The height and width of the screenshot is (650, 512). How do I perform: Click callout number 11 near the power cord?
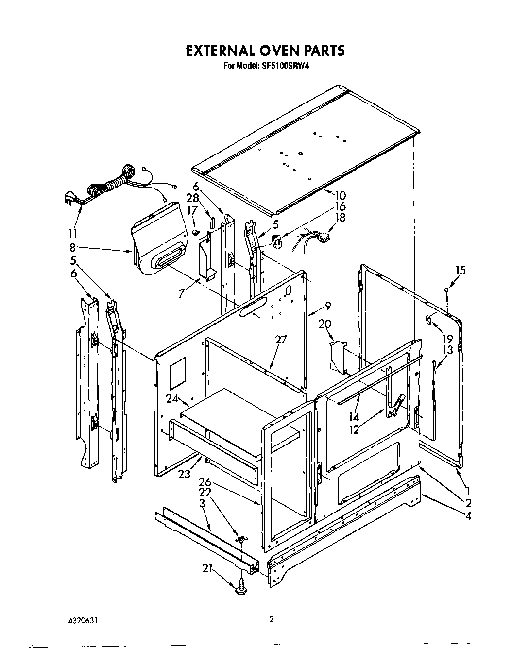(x=73, y=232)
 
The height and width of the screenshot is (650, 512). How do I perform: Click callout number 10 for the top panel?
(x=340, y=196)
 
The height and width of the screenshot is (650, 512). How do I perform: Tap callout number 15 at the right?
(x=460, y=271)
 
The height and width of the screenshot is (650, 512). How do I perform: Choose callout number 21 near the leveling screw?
(x=208, y=567)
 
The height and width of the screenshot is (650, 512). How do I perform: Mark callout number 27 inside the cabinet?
(x=281, y=340)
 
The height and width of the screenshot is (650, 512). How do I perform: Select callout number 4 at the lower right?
(x=468, y=516)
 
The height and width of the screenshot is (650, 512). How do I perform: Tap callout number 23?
(x=184, y=474)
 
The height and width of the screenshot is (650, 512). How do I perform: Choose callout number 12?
(x=355, y=429)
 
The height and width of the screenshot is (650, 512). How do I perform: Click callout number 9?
(x=328, y=306)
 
